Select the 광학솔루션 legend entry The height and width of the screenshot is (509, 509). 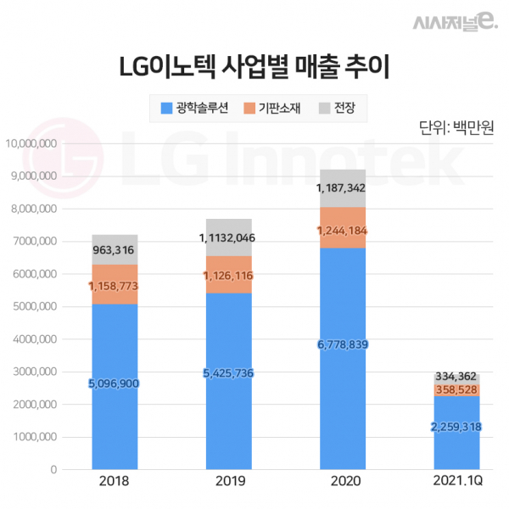coord(194,109)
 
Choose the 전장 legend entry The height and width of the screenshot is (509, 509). coord(336,109)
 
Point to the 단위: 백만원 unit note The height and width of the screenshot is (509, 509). coord(456,129)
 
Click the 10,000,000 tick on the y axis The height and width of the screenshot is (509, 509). coord(31,143)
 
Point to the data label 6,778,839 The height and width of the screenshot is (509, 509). coord(343,344)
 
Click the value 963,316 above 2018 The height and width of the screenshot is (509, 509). coord(115,250)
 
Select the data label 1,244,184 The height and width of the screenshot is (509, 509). coord(343,231)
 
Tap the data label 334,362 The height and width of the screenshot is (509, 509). coord(456,375)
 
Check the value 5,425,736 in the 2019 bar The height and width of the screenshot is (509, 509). coord(228,373)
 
